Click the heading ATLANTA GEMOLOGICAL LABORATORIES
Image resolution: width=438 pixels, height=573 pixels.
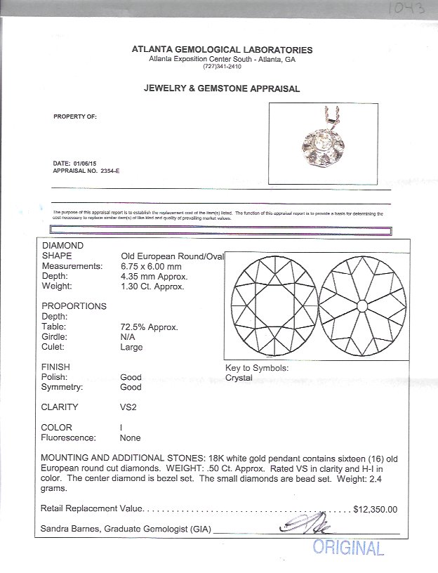coord(222,50)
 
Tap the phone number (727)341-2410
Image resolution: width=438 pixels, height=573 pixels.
coord(222,66)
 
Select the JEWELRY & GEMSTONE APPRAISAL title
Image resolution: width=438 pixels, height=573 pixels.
coord(222,89)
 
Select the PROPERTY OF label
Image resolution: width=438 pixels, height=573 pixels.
coord(75,117)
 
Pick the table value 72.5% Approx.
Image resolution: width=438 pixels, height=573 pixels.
coord(149,327)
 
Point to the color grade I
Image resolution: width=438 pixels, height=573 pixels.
coord(122,427)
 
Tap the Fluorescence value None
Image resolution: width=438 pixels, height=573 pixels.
coord(130,437)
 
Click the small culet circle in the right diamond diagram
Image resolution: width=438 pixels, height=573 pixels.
coord(361,306)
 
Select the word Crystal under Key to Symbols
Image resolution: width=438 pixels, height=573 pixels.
coord(239,378)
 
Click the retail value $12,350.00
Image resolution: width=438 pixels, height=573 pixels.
coord(376,510)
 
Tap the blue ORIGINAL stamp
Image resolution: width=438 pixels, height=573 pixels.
coord(348,548)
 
